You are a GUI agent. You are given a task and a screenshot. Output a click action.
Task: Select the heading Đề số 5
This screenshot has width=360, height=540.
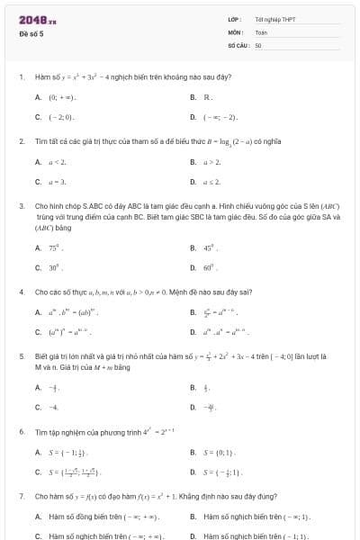pyautogui.click(x=31, y=33)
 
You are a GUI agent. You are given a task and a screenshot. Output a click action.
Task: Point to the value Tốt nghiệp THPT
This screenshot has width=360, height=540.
pyautogui.click(x=274, y=19)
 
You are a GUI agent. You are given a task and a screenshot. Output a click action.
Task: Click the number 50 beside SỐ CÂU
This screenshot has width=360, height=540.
pyautogui.click(x=258, y=44)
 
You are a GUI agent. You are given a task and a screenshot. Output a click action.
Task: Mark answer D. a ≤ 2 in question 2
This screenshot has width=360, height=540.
pyautogui.click(x=212, y=182)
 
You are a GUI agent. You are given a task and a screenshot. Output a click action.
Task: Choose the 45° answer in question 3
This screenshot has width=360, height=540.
pyautogui.click(x=211, y=247)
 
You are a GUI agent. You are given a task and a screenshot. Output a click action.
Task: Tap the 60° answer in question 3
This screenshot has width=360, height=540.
pyautogui.click(x=211, y=267)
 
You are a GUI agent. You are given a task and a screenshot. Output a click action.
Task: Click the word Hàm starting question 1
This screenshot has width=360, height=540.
pyautogui.click(x=41, y=77)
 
